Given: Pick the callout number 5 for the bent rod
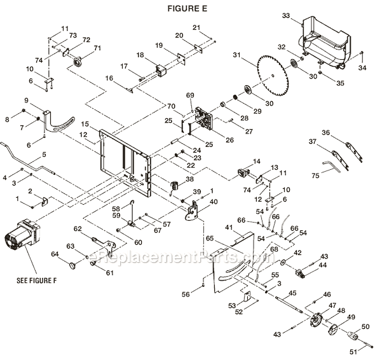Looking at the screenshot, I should point(44,155).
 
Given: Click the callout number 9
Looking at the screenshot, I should point(44,101).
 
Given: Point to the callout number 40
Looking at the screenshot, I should point(213,201).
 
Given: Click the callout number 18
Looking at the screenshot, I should point(139,55).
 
